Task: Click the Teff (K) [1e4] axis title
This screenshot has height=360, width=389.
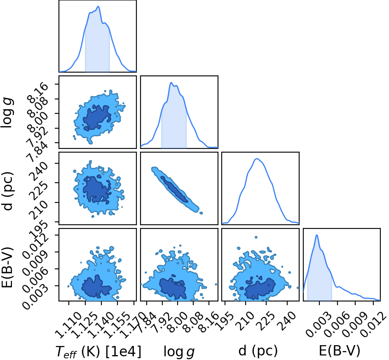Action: pos(99,351)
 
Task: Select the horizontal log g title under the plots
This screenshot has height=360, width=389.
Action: pos(179,352)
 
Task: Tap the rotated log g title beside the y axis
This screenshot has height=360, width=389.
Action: pos(7,113)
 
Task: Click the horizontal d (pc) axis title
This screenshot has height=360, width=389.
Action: pos(258,351)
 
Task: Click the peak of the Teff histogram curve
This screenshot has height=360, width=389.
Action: pos(98,7)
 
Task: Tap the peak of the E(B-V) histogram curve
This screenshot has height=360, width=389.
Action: pos(317,235)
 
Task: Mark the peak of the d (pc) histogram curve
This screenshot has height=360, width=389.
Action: pos(257,159)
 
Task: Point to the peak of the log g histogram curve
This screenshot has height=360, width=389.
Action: pos(171,82)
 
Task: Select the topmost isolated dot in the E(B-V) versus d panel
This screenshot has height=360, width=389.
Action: pos(256,238)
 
